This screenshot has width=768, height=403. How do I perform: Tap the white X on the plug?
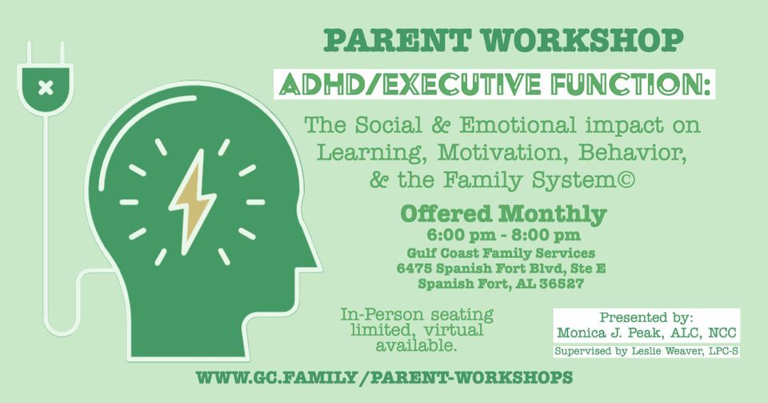click(x=46, y=87)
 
